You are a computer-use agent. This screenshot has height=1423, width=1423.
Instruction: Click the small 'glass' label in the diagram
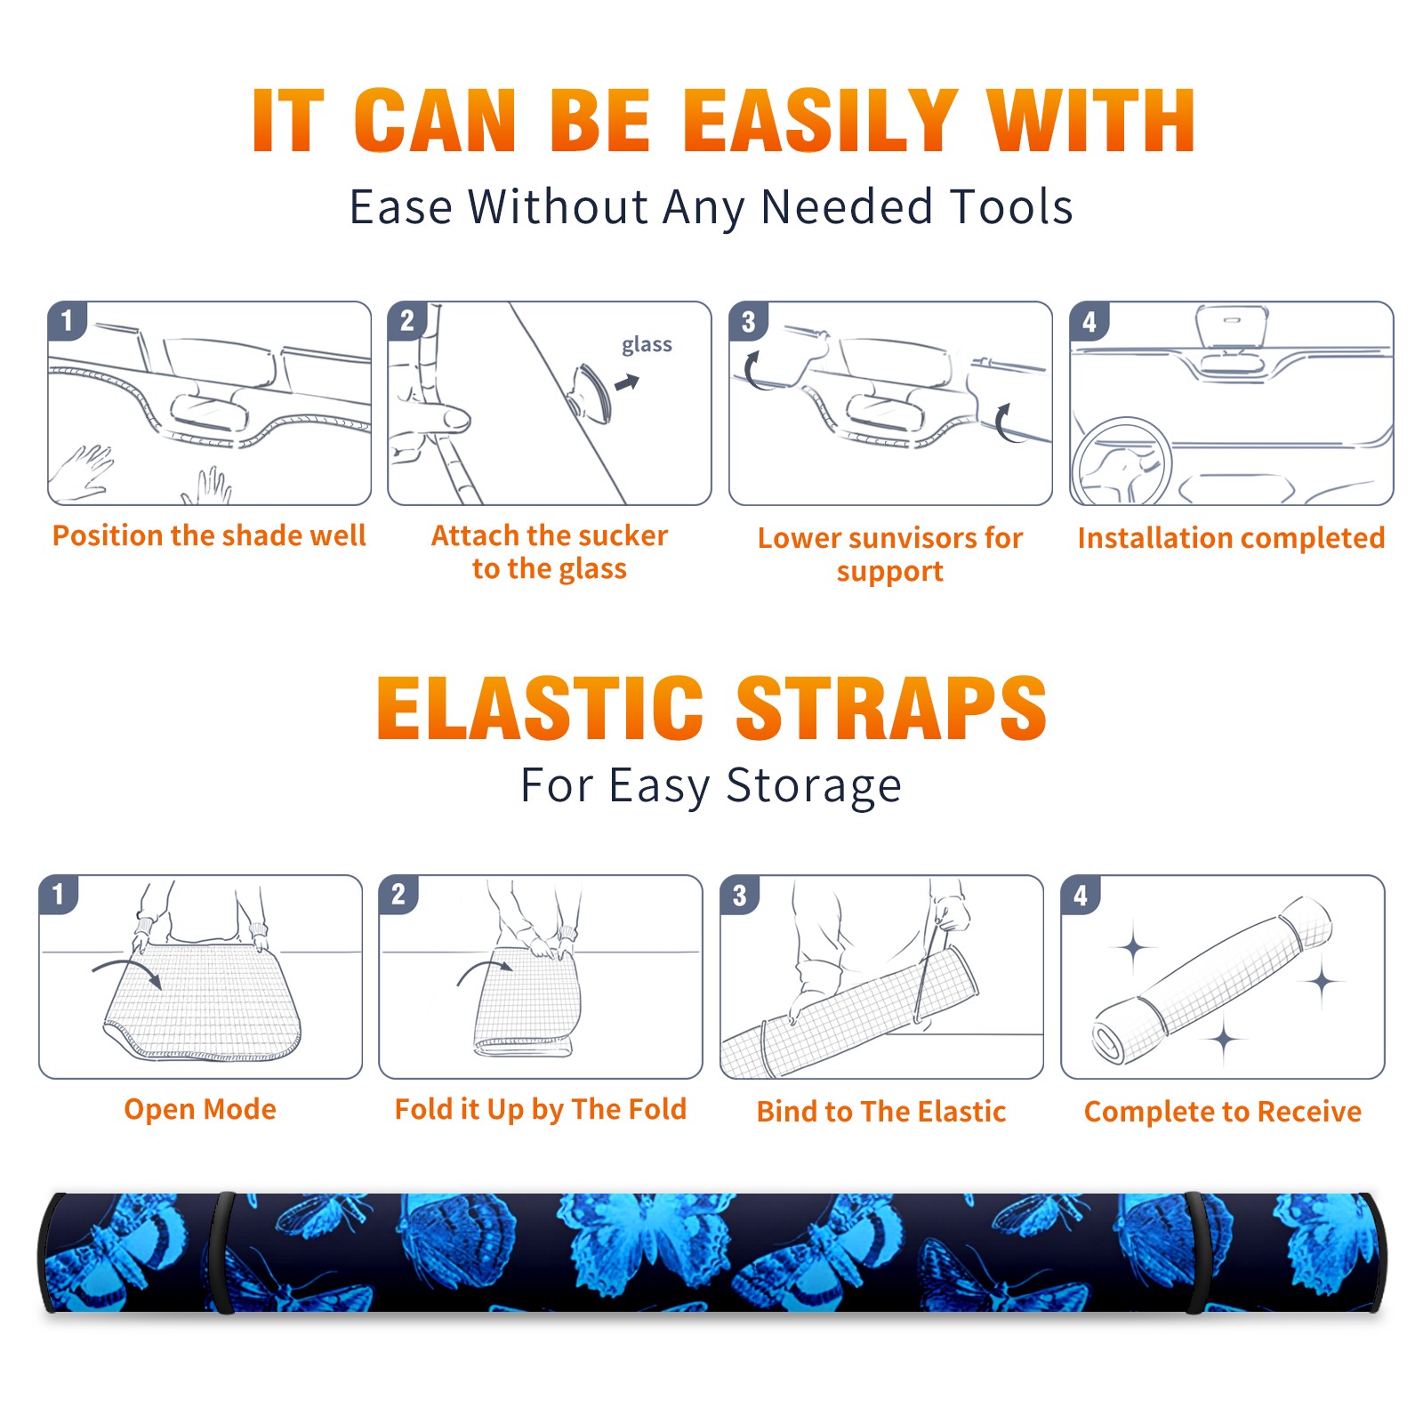[x=647, y=345]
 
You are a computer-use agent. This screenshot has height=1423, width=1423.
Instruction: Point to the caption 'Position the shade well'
[x=209, y=535]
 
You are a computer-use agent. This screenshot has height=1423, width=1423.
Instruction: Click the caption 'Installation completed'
[x=1231, y=538]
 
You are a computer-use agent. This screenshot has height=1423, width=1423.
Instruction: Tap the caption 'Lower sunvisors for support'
[x=890, y=554]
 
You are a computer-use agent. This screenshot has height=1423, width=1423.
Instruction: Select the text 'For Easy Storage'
[x=711, y=786]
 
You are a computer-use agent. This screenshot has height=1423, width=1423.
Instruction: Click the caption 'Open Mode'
[x=200, y=1109]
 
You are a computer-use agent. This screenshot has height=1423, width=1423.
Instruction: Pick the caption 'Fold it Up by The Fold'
[x=541, y=1110]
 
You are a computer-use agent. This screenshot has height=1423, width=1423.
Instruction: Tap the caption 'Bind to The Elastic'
[x=881, y=1112]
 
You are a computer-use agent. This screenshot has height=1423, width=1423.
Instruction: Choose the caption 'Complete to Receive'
[x=1223, y=1112]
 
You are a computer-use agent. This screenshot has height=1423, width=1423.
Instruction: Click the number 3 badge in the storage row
[x=740, y=895]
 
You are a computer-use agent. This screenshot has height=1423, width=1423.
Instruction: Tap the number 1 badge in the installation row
[x=68, y=320]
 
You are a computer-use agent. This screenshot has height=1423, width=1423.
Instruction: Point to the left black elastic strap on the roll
[x=221, y=1252]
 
